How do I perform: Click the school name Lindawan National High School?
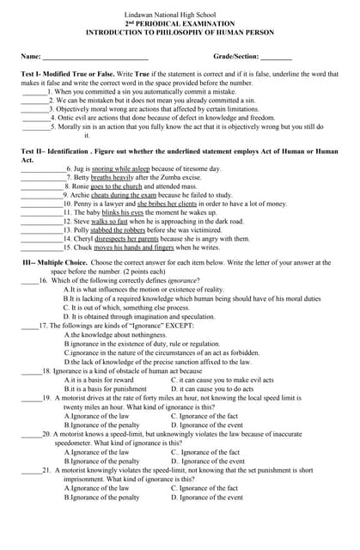click(x=180, y=15)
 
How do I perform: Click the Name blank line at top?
click(x=95, y=57)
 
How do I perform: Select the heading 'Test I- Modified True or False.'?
click(x=72, y=74)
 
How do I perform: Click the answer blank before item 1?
click(x=34, y=91)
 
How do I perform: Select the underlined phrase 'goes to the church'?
click(x=116, y=186)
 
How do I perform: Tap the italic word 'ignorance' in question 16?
click(x=182, y=280)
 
